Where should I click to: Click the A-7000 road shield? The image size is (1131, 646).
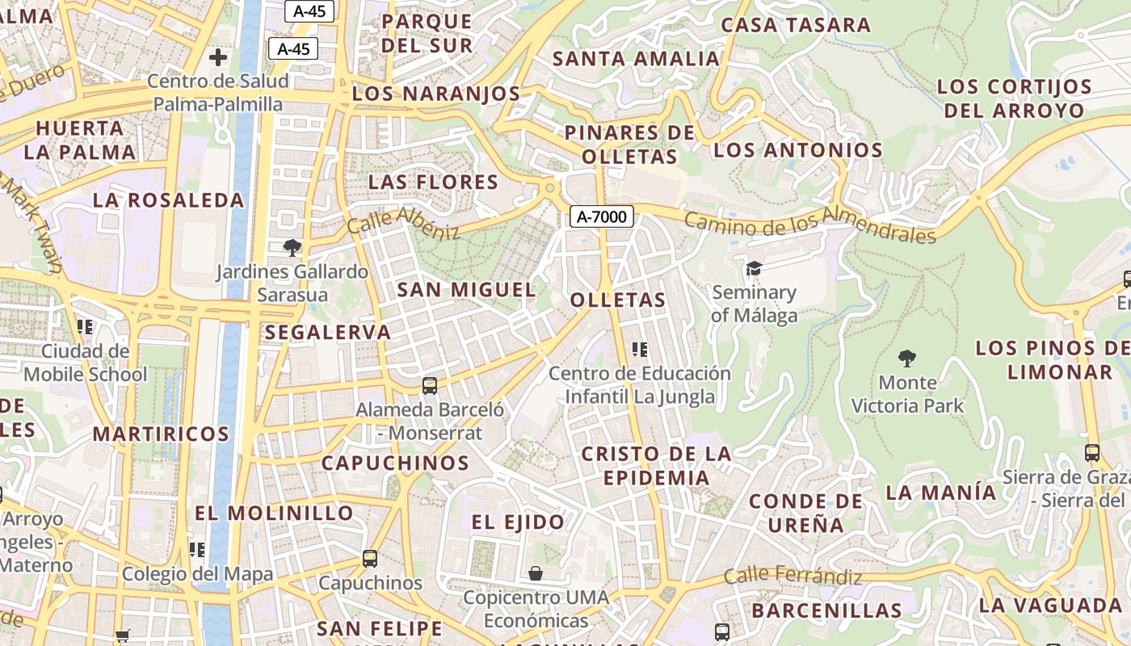[602, 216]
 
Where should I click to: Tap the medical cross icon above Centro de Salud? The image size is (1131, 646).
[217, 57]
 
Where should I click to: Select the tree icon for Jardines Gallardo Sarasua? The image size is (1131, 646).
[292, 248]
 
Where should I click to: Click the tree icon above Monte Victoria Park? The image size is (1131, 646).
[907, 358]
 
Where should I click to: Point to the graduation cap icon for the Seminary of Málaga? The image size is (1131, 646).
[754, 268]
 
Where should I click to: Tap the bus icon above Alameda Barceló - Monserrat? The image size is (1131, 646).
[430, 386]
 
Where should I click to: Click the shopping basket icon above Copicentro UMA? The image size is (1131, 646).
[535, 573]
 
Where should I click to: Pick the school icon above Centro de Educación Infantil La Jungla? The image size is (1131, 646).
[640, 350]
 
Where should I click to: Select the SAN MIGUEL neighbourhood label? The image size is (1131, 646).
[466, 289]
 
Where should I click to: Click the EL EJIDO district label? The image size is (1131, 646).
[518, 522]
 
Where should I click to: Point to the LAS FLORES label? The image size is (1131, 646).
[433, 182]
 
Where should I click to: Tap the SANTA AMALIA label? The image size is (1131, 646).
[636, 58]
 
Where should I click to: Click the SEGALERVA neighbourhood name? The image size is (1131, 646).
[328, 332]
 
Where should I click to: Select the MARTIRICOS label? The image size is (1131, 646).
[161, 434]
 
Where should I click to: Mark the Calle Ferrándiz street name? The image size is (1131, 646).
[793, 577]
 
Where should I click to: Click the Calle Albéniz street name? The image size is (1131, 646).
[403, 223]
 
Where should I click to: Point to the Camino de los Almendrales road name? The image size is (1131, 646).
[809, 224]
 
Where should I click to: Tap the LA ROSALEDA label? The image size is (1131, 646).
[168, 200]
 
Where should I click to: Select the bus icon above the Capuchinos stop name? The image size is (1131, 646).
[370, 558]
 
